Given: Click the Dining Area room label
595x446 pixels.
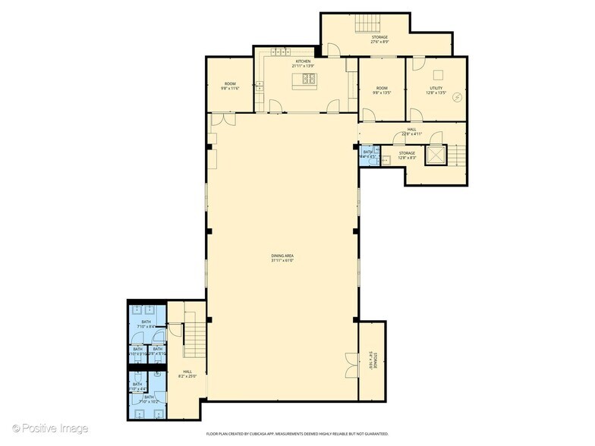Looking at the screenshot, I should [282, 257].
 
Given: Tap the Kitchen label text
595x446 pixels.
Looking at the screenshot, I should [303, 63].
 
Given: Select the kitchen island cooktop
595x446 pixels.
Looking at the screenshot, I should [309, 78].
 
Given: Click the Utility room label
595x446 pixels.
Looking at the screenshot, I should [436, 91].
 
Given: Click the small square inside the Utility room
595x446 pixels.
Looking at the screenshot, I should [436, 74].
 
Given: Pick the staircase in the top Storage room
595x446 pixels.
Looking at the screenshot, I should [368, 24].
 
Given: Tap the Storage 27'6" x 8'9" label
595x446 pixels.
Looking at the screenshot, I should [379, 39].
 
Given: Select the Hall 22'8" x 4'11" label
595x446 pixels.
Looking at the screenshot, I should [411, 131].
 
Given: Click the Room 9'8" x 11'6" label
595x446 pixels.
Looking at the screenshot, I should [230, 86].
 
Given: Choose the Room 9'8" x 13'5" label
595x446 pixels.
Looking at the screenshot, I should [381, 91].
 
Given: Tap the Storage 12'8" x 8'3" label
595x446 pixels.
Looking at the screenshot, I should [407, 155].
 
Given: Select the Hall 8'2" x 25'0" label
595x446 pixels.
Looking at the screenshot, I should [187, 373].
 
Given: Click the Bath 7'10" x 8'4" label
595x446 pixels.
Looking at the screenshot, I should [146, 324].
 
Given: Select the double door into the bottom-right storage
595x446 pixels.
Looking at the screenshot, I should [349, 365].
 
